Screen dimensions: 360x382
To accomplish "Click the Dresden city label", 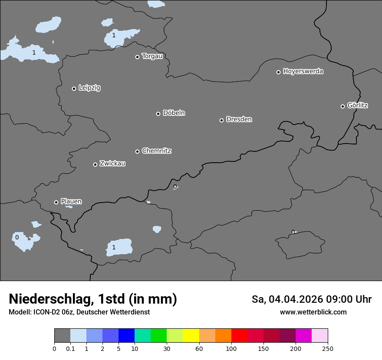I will [x=239, y=119].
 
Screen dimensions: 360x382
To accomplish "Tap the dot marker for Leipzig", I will [x=74, y=88].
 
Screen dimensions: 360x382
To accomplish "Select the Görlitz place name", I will [x=357, y=105].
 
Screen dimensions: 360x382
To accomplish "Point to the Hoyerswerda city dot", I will [x=278, y=72].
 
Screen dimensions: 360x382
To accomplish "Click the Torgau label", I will [x=152, y=56].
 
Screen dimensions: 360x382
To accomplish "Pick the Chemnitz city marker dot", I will [x=137, y=151].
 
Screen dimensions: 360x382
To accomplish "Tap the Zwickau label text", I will [x=112, y=164].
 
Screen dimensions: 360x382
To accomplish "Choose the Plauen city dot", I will [x=56, y=202].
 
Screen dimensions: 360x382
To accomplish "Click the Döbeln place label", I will [x=174, y=113].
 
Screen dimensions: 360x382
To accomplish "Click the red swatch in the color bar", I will [x=239, y=336].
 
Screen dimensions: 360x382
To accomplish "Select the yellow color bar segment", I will [x=191, y=336].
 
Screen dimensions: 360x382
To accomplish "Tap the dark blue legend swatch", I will [x=126, y=336].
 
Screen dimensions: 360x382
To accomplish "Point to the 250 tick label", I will [x=328, y=348].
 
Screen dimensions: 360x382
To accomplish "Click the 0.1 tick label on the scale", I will [x=70, y=348].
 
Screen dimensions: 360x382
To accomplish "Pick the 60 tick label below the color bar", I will [x=199, y=348].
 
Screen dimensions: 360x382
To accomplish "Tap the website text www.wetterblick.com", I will [x=313, y=312].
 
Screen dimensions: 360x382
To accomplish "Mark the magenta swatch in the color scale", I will [x=303, y=336].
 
